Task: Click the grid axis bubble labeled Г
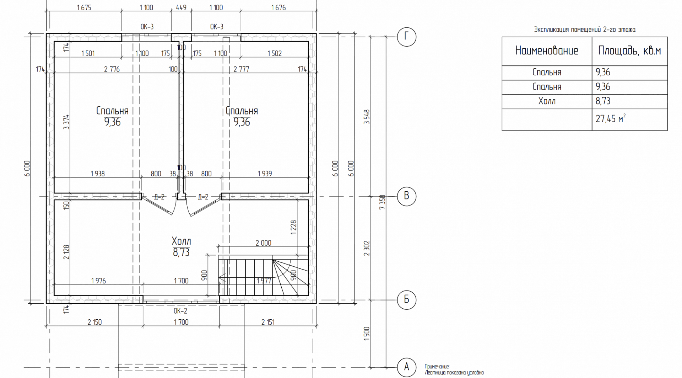[406, 37]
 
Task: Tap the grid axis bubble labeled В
[406, 196]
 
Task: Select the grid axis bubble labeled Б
[406, 300]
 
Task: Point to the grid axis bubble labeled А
[406, 367]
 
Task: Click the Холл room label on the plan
[181, 241]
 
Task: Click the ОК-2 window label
[180, 311]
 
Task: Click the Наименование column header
[547, 51]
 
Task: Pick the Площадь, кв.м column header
[629, 51]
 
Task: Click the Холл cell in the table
[547, 101]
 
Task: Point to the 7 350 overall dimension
[382, 202]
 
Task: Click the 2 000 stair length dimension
[263, 243]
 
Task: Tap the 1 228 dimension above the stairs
[293, 228]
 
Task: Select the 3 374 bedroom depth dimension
[66, 122]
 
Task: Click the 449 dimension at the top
[181, 7]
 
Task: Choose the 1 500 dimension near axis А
[367, 334]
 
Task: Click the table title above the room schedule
[585, 30]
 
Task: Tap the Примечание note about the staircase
[454, 370]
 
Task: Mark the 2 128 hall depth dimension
[66, 252]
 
